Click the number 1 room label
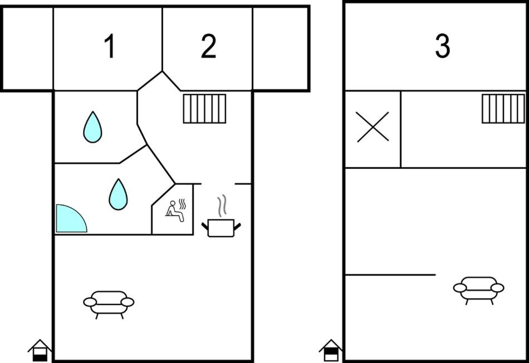(x=110, y=46)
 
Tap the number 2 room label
(x=208, y=46)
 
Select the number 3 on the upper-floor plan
(x=442, y=46)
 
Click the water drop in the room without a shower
(x=92, y=127)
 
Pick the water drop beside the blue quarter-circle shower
(x=118, y=194)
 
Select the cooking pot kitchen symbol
(x=221, y=228)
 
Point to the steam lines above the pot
(x=222, y=206)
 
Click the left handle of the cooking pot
(x=205, y=227)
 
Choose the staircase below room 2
(x=204, y=109)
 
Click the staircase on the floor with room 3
(x=503, y=109)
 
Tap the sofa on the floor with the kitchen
(x=109, y=303)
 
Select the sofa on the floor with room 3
(x=479, y=290)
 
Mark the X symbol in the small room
(x=373, y=127)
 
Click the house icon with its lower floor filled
(x=40, y=351)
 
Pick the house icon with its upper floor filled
(x=331, y=351)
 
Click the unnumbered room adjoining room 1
(x=27, y=48)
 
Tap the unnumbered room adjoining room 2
(x=280, y=48)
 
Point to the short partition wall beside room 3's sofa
(x=390, y=275)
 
